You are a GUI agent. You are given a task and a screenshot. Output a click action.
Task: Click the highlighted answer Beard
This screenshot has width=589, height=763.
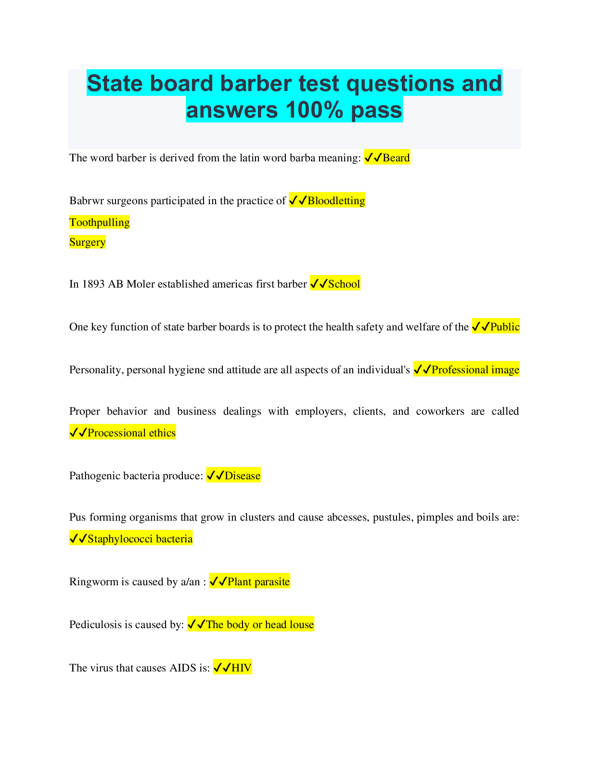coord(396,158)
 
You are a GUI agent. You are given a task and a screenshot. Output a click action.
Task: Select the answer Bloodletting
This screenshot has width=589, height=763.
coord(336,201)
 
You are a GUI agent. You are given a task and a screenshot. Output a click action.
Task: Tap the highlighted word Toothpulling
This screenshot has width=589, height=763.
coord(100,223)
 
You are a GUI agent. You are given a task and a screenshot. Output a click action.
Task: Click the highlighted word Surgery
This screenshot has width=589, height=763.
coord(88,242)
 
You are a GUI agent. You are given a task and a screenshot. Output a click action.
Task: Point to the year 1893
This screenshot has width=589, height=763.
coord(93,284)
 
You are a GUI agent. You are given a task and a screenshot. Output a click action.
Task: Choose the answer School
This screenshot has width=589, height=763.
coord(344,284)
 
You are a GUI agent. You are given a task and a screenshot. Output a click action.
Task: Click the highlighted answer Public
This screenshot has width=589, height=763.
coord(504,327)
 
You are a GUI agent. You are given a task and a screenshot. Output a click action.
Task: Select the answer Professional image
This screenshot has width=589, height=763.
coord(475,370)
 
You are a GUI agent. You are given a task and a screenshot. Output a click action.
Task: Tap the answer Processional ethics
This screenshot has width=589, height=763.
coord(131,433)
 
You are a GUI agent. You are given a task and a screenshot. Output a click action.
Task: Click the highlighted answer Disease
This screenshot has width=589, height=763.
coord(242,476)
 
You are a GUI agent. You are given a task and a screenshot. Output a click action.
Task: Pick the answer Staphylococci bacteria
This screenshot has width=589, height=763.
coord(140,539)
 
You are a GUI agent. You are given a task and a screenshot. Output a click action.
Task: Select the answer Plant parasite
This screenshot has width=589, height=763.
coord(258,582)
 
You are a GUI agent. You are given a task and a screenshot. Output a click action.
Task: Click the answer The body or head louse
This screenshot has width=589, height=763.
coord(259,625)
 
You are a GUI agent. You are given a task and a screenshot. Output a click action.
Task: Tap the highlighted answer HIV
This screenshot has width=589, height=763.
coord(241,668)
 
